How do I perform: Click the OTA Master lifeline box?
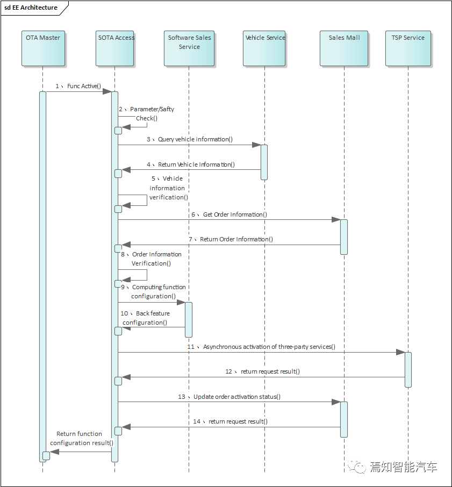43,48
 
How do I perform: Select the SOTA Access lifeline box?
116,48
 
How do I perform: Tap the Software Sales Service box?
189,48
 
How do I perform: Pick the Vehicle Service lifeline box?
265,48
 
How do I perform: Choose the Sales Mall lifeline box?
344,48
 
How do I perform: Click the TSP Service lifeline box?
408,48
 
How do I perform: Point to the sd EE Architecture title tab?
31,8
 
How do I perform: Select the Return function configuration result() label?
81,438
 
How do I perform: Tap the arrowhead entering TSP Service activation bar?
400,352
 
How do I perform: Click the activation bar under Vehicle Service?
264,161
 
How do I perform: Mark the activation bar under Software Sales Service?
188,319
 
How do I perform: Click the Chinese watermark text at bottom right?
403,467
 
